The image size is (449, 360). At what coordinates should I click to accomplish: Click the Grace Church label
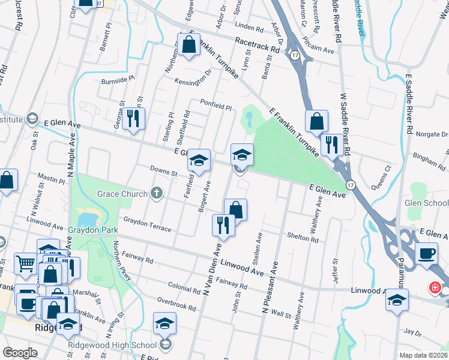122,194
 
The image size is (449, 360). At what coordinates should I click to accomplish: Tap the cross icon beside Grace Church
157,193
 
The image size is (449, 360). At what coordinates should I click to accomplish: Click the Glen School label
427,203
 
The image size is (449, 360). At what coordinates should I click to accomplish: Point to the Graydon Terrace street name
148,225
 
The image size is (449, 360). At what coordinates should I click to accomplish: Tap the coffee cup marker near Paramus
426,252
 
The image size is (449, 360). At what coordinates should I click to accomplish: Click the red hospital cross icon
435,289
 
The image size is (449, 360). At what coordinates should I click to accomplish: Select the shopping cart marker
25,262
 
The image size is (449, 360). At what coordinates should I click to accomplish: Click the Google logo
20,353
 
